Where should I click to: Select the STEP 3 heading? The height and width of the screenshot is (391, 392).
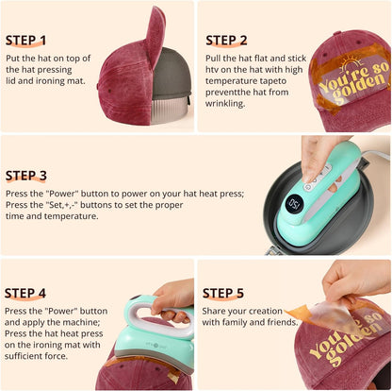[x=34, y=175]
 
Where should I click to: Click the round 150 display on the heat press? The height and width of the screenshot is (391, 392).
[x=294, y=203]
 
